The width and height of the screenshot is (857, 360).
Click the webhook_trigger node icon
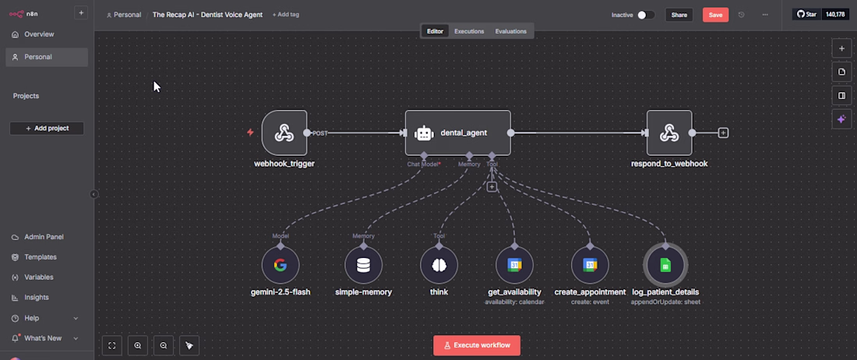pyautogui.click(x=284, y=132)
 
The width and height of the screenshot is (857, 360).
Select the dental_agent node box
pyautogui.click(x=458, y=132)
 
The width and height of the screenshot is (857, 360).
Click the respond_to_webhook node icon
pyautogui.click(x=669, y=132)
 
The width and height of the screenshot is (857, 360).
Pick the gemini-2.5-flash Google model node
pyautogui.click(x=280, y=266)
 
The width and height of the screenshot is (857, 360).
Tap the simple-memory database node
pyautogui.click(x=364, y=266)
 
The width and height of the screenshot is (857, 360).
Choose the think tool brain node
pyautogui.click(x=439, y=266)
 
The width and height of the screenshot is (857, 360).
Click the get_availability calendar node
pyautogui.click(x=514, y=266)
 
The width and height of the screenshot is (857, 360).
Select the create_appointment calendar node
pyautogui.click(x=590, y=266)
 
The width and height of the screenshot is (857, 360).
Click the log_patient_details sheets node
pyautogui.click(x=665, y=266)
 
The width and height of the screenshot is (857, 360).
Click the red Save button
pyautogui.click(x=715, y=15)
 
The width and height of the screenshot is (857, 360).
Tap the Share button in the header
pyautogui.click(x=679, y=15)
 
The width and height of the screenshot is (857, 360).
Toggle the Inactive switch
pyautogui.click(x=646, y=15)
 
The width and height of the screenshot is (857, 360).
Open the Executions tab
pyautogui.click(x=469, y=31)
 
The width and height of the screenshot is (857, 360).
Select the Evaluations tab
pyautogui.click(x=510, y=31)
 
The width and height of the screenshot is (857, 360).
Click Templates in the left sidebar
pyautogui.click(x=41, y=256)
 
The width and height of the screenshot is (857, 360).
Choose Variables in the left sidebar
pyautogui.click(x=39, y=277)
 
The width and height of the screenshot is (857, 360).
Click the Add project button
pyautogui.click(x=47, y=129)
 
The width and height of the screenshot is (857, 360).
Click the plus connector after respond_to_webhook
pyautogui.click(x=723, y=132)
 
